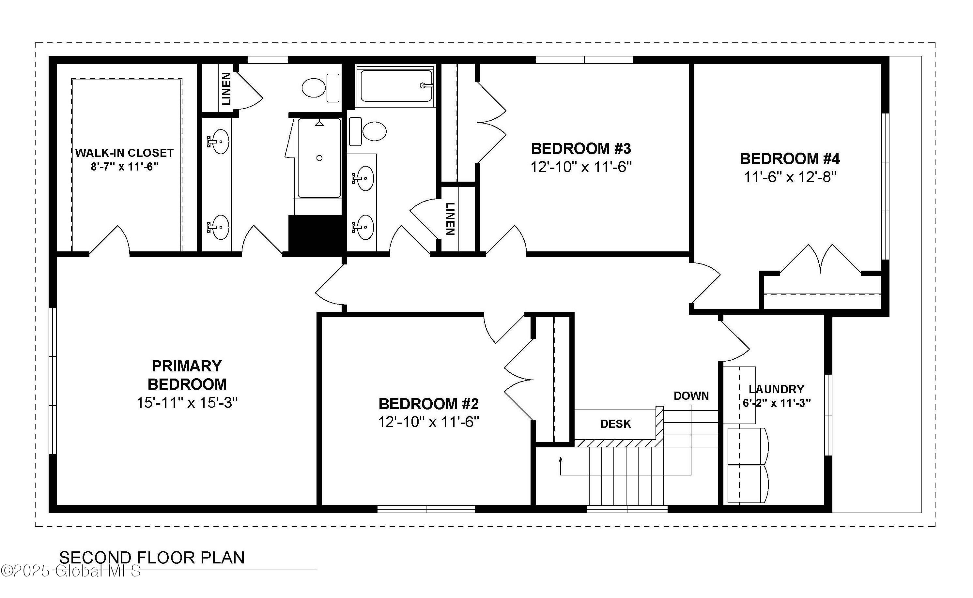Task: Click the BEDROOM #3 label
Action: tap(580, 149)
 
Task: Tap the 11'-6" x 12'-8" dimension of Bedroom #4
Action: tap(790, 177)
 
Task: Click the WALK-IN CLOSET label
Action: tap(124, 153)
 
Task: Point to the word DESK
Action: tap(615, 424)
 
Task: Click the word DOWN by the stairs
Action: tap(691, 396)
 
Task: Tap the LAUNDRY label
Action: tap(776, 389)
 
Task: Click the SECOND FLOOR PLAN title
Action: tap(152, 558)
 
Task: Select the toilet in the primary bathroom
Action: tap(320, 88)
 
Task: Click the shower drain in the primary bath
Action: tap(319, 158)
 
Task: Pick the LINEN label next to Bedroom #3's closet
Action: tap(450, 218)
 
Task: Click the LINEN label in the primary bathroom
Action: tap(226, 89)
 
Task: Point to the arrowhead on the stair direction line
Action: tap(561, 459)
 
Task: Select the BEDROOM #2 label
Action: tap(428, 404)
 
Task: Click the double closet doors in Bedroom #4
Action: tap(820, 261)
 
